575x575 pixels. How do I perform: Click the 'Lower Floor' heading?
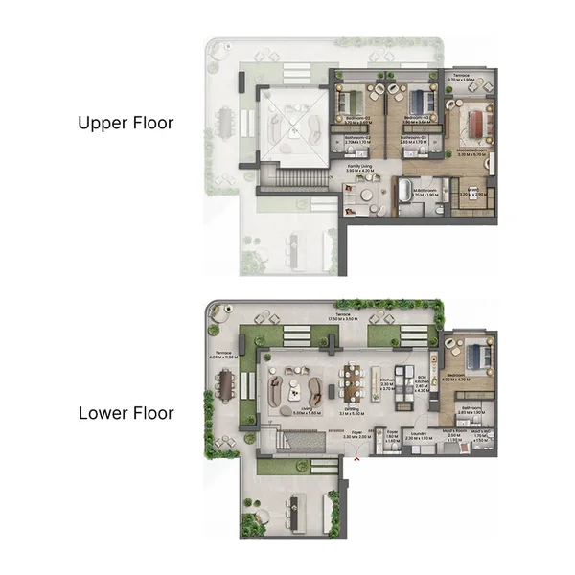pos(126,413)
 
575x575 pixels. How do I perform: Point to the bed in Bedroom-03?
pos(355,100)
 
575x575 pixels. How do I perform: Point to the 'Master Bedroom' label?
pos(475,153)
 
